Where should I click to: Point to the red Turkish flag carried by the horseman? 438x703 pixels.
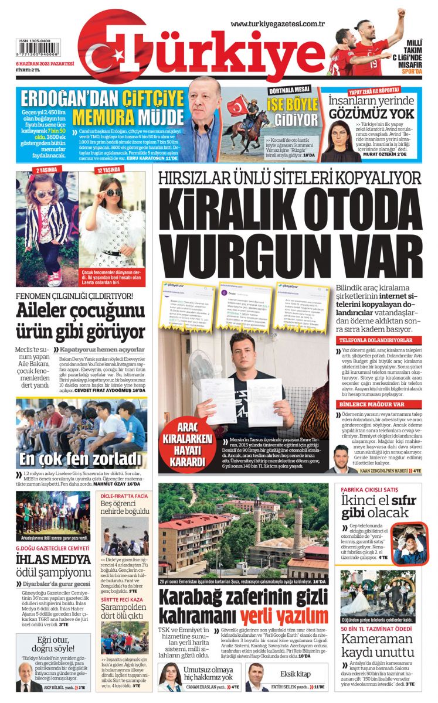238,105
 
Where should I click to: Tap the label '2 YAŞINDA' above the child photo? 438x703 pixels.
46,169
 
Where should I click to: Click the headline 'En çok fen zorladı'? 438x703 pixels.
80,458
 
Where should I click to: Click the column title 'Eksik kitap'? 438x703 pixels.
295,674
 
